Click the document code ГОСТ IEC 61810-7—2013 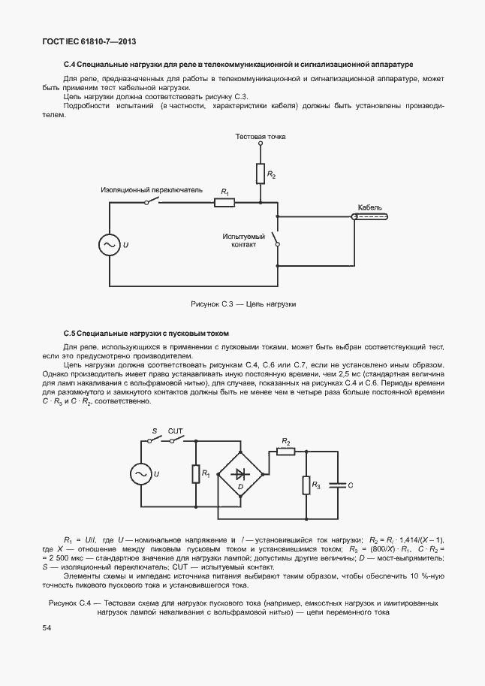coord(88,42)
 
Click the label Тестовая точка coord(260,137)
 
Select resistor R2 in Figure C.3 coord(260,174)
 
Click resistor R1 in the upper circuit coord(224,202)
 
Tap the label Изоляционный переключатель coord(152,191)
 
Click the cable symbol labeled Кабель coord(370,216)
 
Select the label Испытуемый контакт coord(239,240)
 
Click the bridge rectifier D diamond coord(239,474)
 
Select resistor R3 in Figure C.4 coord(306,485)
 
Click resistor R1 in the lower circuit coord(197,473)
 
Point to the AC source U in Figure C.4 coord(141,473)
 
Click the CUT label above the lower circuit coord(176,431)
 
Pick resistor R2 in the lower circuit coord(285,451)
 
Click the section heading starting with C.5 coord(146,333)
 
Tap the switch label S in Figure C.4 coord(154,431)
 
